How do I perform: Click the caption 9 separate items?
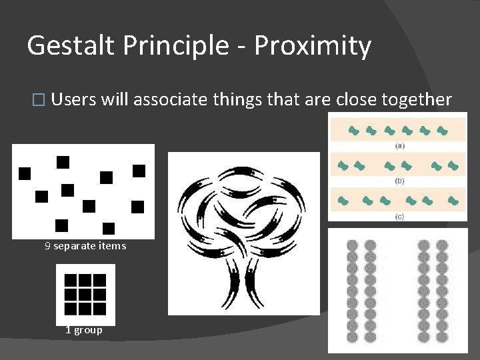85,246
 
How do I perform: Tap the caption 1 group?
84,330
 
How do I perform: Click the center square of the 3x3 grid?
85,294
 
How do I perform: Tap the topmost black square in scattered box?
63,161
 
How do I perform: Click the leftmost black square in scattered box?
25,173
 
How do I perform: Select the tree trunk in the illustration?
243,280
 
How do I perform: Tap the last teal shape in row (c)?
453,200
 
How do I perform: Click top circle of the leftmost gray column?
353,246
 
